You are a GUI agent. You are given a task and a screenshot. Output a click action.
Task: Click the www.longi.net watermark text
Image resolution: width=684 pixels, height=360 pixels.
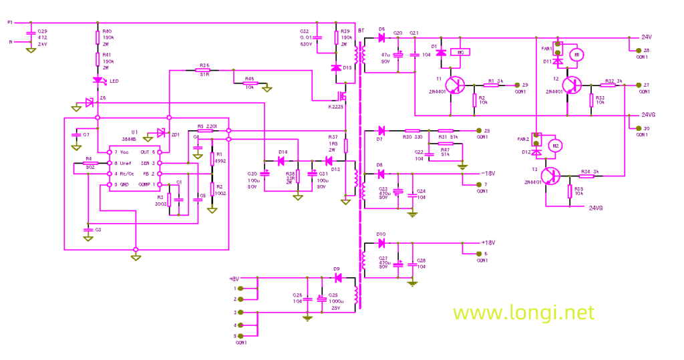[523, 312]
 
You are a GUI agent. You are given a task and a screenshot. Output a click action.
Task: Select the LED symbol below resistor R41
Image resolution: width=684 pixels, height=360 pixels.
[98, 81]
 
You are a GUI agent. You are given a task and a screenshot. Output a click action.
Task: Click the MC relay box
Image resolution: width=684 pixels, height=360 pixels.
[459, 53]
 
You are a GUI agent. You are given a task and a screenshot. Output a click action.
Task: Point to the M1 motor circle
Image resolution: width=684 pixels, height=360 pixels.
[580, 53]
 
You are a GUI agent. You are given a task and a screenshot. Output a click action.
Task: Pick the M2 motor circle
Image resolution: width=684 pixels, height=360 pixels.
[553, 145]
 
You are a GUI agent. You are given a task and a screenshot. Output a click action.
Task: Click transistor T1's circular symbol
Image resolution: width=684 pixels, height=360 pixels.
[456, 85]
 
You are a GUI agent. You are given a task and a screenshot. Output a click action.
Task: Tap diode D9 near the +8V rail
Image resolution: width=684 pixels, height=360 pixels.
[337, 277]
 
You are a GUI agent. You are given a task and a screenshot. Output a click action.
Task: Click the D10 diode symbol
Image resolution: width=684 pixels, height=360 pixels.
[381, 243]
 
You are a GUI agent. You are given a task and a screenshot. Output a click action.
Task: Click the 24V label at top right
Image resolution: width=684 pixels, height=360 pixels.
[647, 37]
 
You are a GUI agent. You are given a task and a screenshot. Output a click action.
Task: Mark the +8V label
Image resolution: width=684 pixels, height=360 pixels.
[233, 278]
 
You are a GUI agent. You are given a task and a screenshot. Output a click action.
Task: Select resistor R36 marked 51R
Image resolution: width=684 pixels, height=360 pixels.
[204, 70]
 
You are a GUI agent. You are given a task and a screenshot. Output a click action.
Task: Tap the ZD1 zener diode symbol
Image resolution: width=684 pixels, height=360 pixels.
[160, 132]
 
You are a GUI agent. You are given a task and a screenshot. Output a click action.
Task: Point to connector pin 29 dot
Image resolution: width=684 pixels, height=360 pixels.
[507, 85]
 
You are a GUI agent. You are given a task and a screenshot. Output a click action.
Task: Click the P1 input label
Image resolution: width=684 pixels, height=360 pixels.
[9, 23]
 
